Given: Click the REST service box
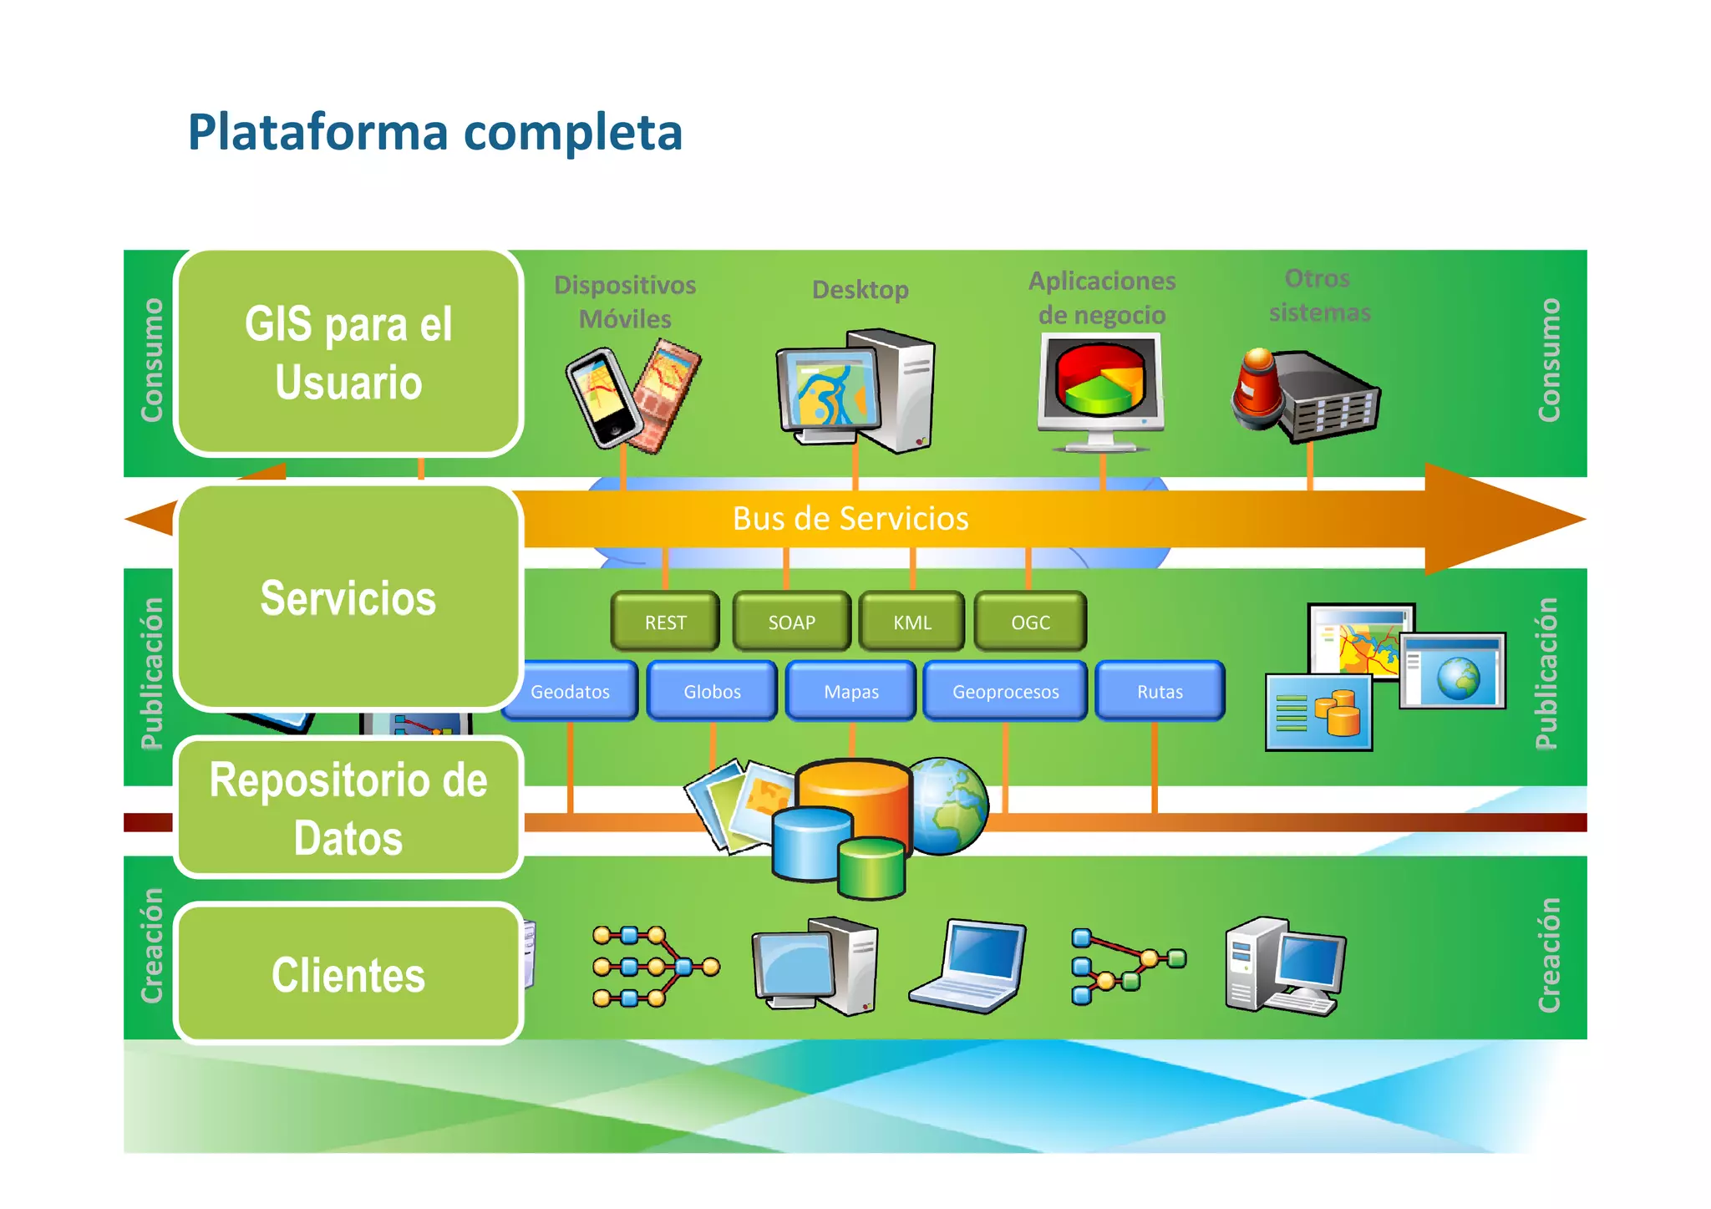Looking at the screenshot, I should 665,622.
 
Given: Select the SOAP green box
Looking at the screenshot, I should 791,622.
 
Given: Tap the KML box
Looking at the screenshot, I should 911,622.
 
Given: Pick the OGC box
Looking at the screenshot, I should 1030,622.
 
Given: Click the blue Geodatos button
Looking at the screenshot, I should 571,691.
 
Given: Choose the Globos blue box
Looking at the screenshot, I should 712,691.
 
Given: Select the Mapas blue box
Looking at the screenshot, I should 851,691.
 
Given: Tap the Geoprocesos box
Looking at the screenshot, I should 1005,691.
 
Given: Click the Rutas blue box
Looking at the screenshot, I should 1160,691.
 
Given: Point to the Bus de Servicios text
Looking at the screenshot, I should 850,519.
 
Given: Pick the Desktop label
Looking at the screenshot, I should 860,290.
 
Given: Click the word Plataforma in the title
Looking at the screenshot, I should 317,132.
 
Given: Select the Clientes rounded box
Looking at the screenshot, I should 348,974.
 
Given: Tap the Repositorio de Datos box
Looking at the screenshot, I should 348,808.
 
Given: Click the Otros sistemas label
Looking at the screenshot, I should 1318,295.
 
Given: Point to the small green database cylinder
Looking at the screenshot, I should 871,869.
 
